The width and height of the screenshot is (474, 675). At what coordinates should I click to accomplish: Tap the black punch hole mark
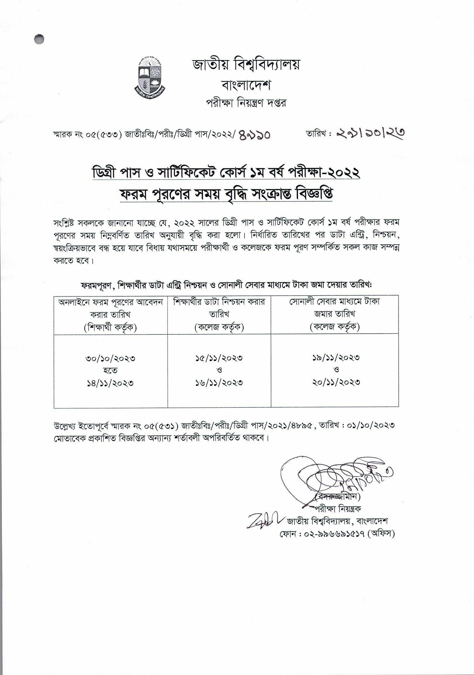click(x=39, y=39)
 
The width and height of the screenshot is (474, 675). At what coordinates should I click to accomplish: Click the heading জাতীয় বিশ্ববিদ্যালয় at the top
click(x=246, y=65)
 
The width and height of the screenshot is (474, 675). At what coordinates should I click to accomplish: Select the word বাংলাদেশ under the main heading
click(x=246, y=85)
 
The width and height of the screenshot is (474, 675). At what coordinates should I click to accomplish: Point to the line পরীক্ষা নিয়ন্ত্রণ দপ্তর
click(x=246, y=103)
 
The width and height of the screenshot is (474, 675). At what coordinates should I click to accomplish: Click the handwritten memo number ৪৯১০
click(x=255, y=135)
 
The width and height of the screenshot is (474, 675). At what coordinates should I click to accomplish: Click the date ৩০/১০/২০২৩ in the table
click(x=110, y=359)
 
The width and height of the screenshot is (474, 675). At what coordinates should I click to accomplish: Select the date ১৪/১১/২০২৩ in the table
click(x=110, y=383)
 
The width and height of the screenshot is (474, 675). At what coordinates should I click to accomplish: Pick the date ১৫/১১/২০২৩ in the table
click(x=219, y=358)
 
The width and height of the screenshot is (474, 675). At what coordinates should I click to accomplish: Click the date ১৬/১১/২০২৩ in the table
click(x=219, y=383)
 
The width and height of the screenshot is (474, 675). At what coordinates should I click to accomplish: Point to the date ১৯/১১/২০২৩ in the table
click(x=336, y=357)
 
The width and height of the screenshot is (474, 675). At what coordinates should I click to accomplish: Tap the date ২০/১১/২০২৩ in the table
click(x=336, y=382)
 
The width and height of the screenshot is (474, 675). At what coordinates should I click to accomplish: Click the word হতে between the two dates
click(x=110, y=371)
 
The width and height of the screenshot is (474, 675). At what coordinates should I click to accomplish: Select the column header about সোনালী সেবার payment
click(x=335, y=314)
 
